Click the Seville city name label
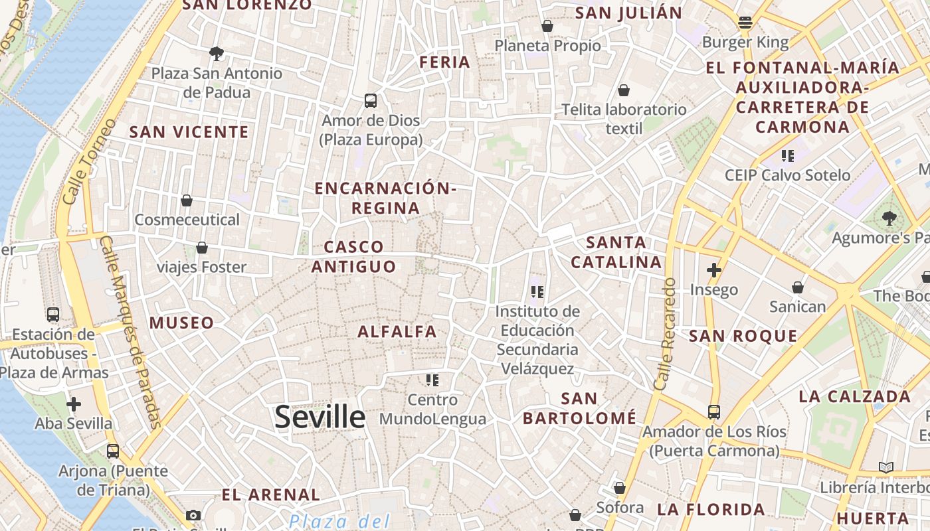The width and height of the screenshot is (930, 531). (x=320, y=417)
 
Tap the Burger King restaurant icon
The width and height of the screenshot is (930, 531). (x=745, y=23)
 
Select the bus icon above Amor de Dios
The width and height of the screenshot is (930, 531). (x=371, y=101)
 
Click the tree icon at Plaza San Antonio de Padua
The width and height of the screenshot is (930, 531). (x=216, y=53)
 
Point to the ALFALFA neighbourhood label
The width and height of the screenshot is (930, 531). (x=397, y=331)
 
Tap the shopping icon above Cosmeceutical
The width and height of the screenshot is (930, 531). (x=187, y=200)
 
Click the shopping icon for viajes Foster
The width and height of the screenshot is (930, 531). (x=202, y=248)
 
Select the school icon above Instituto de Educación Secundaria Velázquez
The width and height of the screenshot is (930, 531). (x=537, y=291)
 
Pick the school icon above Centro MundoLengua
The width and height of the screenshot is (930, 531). (x=432, y=380)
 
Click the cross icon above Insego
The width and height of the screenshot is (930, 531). (x=714, y=270)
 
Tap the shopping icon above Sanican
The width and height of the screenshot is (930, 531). (x=797, y=287)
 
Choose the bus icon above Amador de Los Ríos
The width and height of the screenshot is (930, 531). (x=714, y=412)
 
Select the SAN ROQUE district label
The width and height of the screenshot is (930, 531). (x=743, y=336)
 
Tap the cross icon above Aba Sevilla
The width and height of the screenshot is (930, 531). (x=74, y=404)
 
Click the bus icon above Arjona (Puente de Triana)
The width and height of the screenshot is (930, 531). (x=113, y=451)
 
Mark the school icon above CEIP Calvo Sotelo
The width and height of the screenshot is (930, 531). (x=788, y=156)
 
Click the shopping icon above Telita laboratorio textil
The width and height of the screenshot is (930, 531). (x=623, y=90)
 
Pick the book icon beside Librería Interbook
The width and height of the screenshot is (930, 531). (x=885, y=468)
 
